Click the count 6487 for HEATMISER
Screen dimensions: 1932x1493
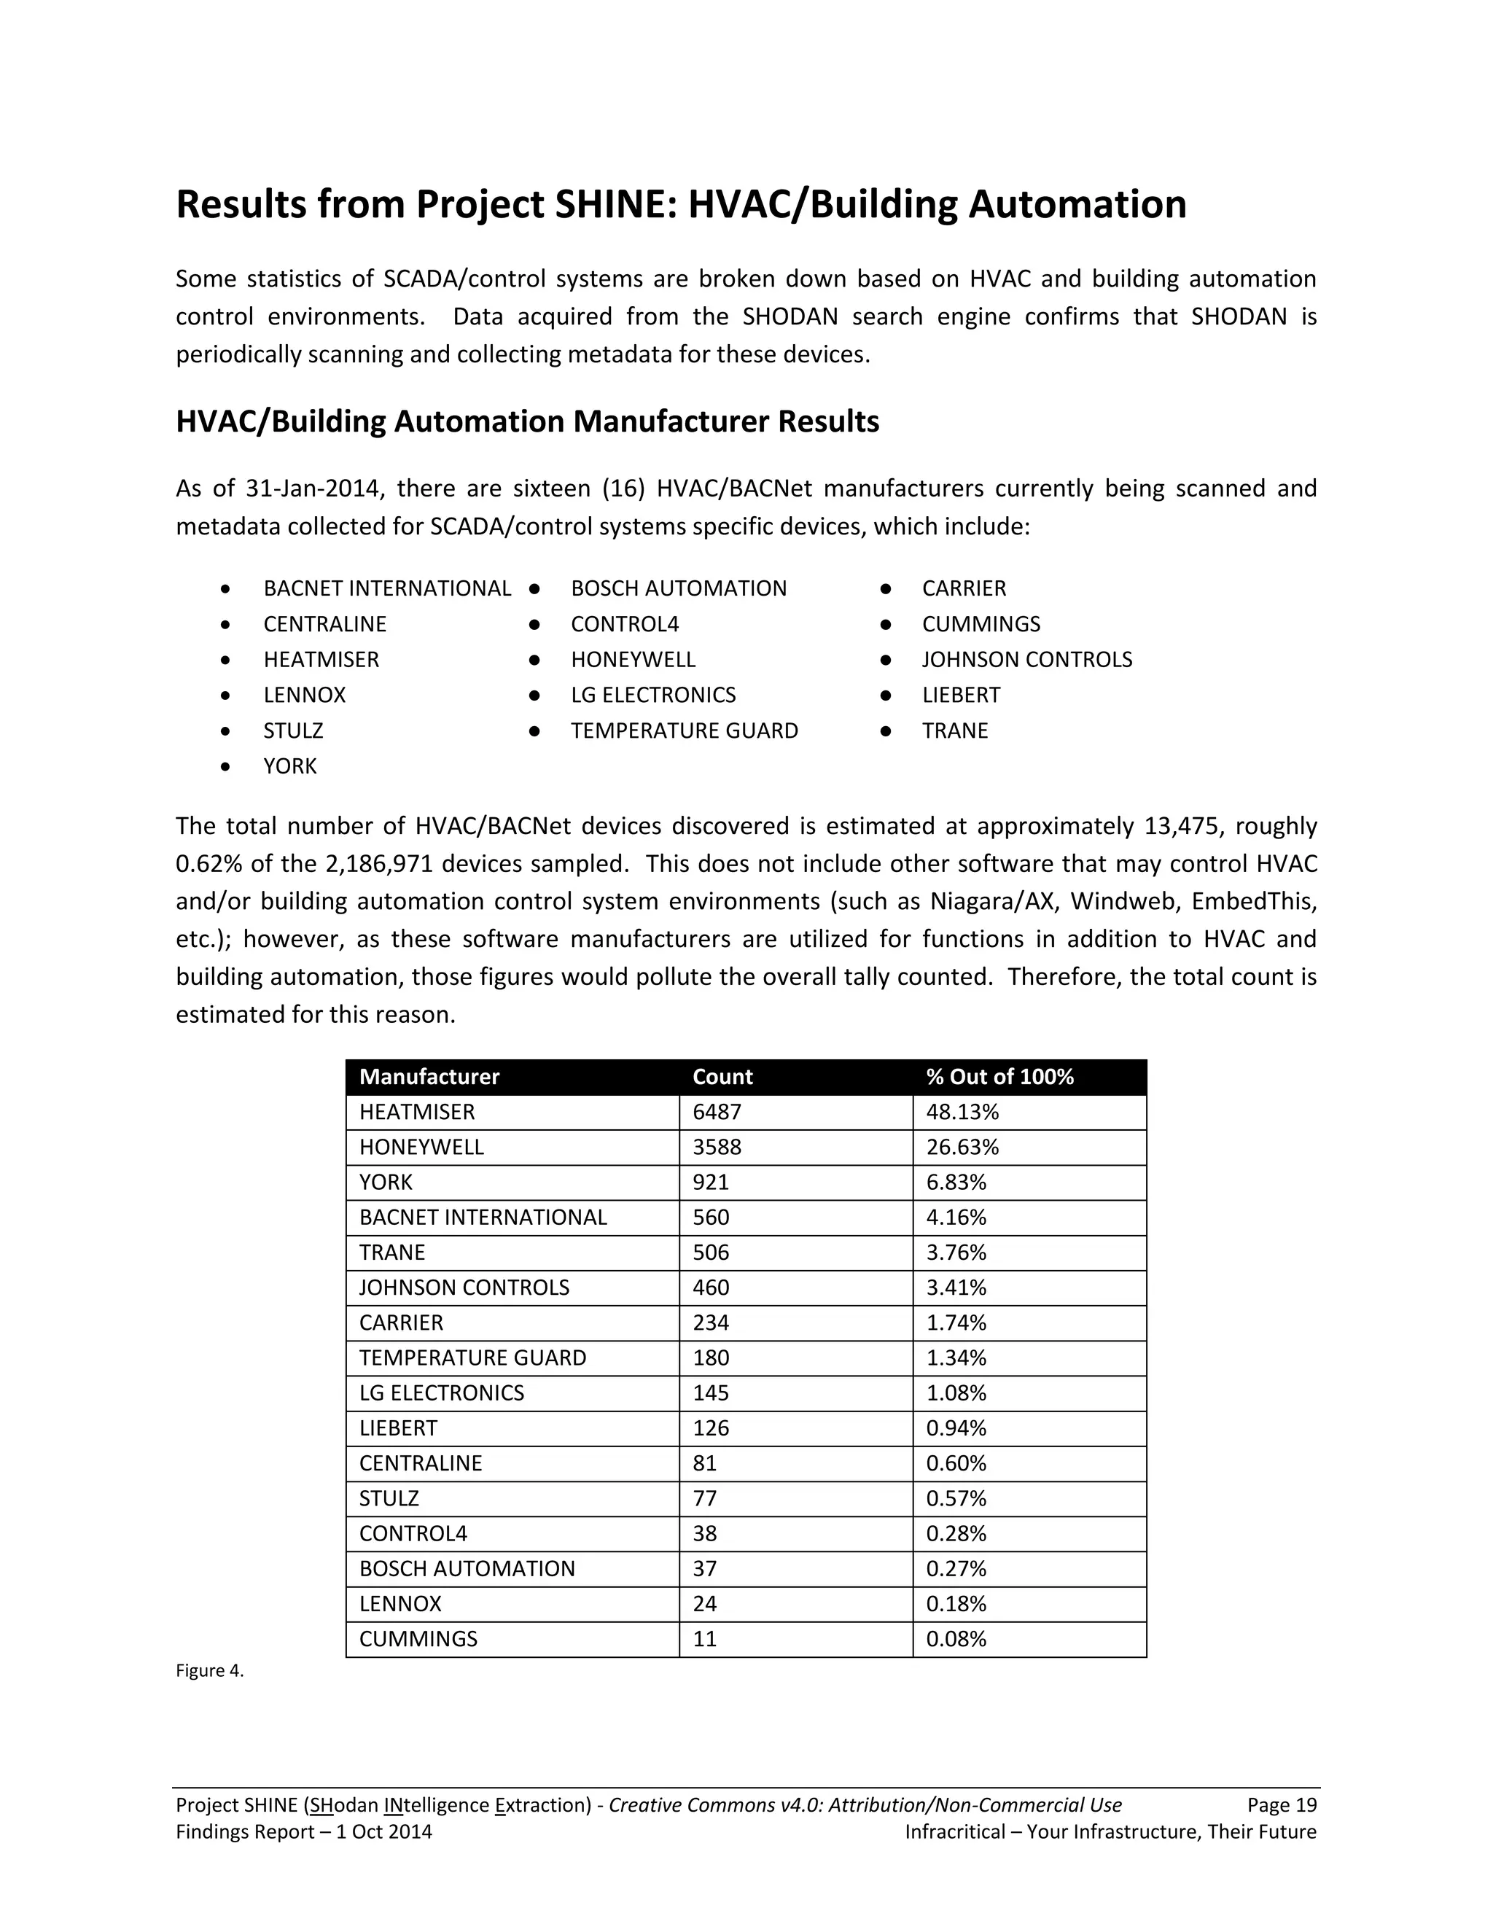(717, 1112)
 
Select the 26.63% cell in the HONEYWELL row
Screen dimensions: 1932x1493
(962, 1148)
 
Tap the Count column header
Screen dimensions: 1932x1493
(722, 1077)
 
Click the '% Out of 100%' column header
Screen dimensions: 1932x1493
(999, 1077)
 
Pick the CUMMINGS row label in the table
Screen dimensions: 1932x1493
(418, 1639)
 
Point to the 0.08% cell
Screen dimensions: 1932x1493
(956, 1639)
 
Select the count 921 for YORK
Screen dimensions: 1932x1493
(710, 1183)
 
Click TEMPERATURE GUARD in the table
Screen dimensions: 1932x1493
(472, 1358)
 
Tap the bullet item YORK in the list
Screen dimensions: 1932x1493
(290, 766)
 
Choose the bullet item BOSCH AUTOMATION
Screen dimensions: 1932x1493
(679, 588)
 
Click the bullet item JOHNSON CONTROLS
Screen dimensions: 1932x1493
(1027, 660)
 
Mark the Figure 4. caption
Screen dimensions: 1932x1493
(210, 1671)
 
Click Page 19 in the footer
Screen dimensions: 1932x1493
(1282, 1805)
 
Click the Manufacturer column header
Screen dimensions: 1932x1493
(429, 1077)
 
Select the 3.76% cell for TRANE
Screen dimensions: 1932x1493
(956, 1253)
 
